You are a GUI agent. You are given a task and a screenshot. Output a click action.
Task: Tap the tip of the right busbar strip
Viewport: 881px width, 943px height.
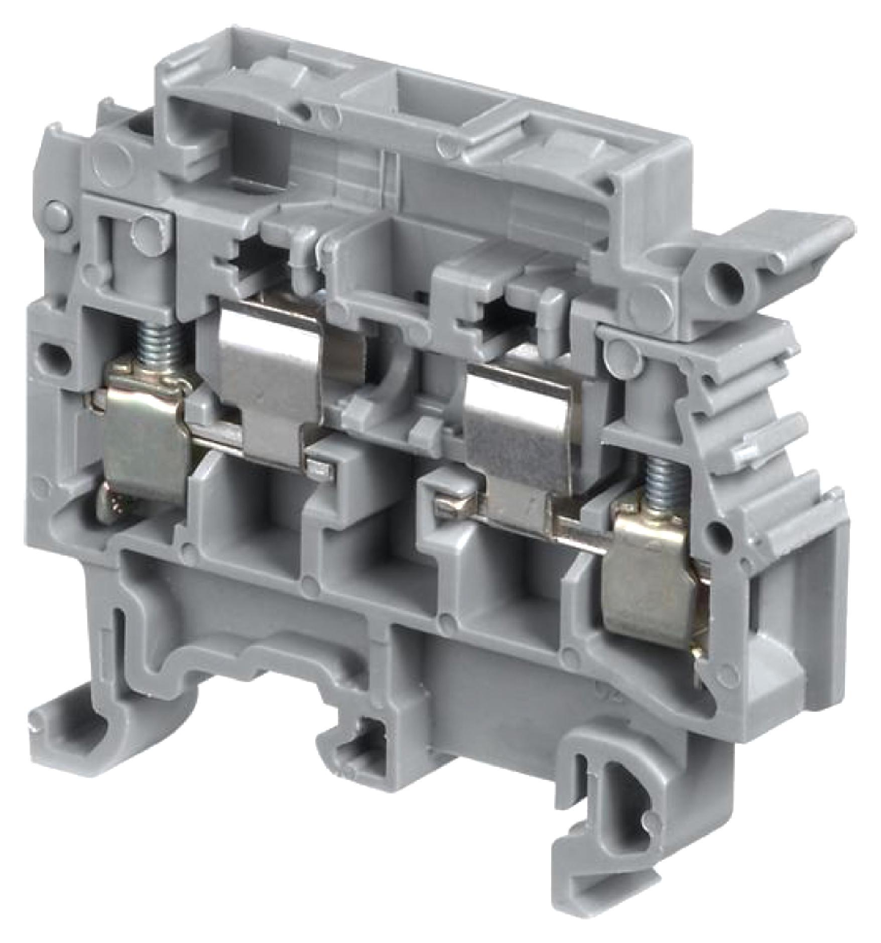coord(446,509)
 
